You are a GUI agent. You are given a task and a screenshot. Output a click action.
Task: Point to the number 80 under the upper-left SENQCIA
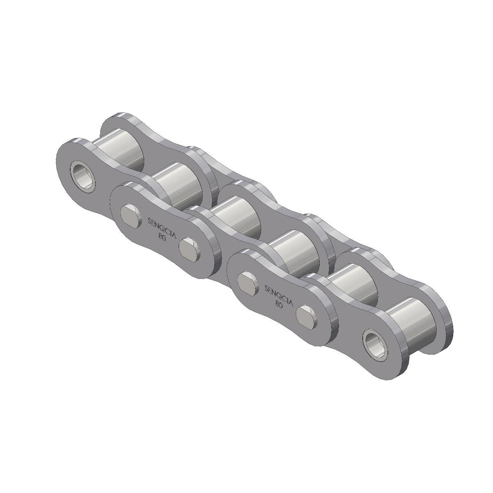tap(161, 237)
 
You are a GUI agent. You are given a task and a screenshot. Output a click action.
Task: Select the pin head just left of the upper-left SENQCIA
tap(131, 214)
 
